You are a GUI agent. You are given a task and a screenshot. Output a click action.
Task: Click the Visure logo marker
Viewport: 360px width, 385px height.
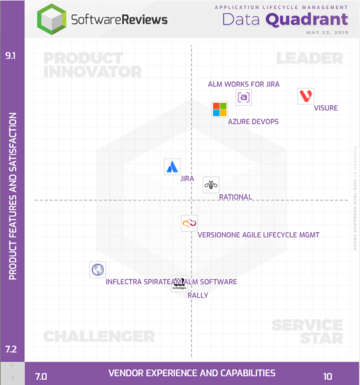306,96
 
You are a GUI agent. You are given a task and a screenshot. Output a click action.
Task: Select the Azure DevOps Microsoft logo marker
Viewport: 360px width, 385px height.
220,109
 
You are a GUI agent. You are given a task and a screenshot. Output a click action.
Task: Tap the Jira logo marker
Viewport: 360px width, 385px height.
172,167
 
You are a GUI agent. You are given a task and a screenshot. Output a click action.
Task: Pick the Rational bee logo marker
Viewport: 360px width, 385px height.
211,185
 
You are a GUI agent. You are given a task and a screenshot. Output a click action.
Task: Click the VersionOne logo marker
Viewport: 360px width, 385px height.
189,223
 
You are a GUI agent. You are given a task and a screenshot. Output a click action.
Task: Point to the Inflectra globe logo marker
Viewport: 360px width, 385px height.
98,270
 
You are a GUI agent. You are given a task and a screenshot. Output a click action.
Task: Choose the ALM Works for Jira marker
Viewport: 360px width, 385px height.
243,97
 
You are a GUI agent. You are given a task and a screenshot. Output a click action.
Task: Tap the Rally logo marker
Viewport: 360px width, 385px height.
179,285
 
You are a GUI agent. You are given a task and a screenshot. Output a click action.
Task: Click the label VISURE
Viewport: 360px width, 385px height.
326,108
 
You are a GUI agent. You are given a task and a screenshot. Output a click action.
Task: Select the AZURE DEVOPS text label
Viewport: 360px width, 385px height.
253,122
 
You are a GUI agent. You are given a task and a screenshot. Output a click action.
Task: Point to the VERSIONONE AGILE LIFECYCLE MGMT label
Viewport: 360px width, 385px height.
258,235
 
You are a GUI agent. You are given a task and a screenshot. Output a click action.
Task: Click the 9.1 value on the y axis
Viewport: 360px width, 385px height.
11,56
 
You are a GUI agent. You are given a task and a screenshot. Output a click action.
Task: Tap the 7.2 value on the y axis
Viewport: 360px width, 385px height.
11,349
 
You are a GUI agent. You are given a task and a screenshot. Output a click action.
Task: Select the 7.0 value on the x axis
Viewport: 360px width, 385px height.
41,376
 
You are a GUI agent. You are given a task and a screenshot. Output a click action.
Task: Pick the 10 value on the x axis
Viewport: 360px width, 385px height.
327,376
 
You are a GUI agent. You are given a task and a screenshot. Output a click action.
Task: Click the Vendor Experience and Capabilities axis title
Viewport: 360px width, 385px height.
192,373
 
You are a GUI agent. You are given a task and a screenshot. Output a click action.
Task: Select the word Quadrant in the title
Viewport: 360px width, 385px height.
307,19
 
